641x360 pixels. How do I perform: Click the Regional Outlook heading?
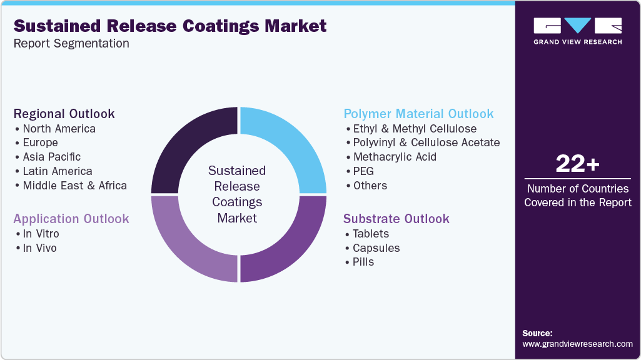click(x=64, y=114)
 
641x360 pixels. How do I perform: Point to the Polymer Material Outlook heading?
click(x=418, y=114)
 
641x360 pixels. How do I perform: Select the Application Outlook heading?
click(x=71, y=219)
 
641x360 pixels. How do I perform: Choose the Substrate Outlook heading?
click(x=396, y=219)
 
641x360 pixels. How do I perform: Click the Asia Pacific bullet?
click(x=51, y=157)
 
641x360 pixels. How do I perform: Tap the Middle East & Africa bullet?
click(x=74, y=186)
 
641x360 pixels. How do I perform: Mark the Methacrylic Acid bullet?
click(x=395, y=157)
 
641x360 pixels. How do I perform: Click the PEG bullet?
click(x=363, y=171)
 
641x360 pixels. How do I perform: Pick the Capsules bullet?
click(x=376, y=248)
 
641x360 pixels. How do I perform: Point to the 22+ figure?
click(x=577, y=164)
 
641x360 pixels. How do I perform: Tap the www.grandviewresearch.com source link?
click(x=577, y=344)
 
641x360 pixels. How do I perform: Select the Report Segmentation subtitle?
click(x=71, y=44)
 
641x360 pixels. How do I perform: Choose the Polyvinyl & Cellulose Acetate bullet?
click(x=426, y=142)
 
